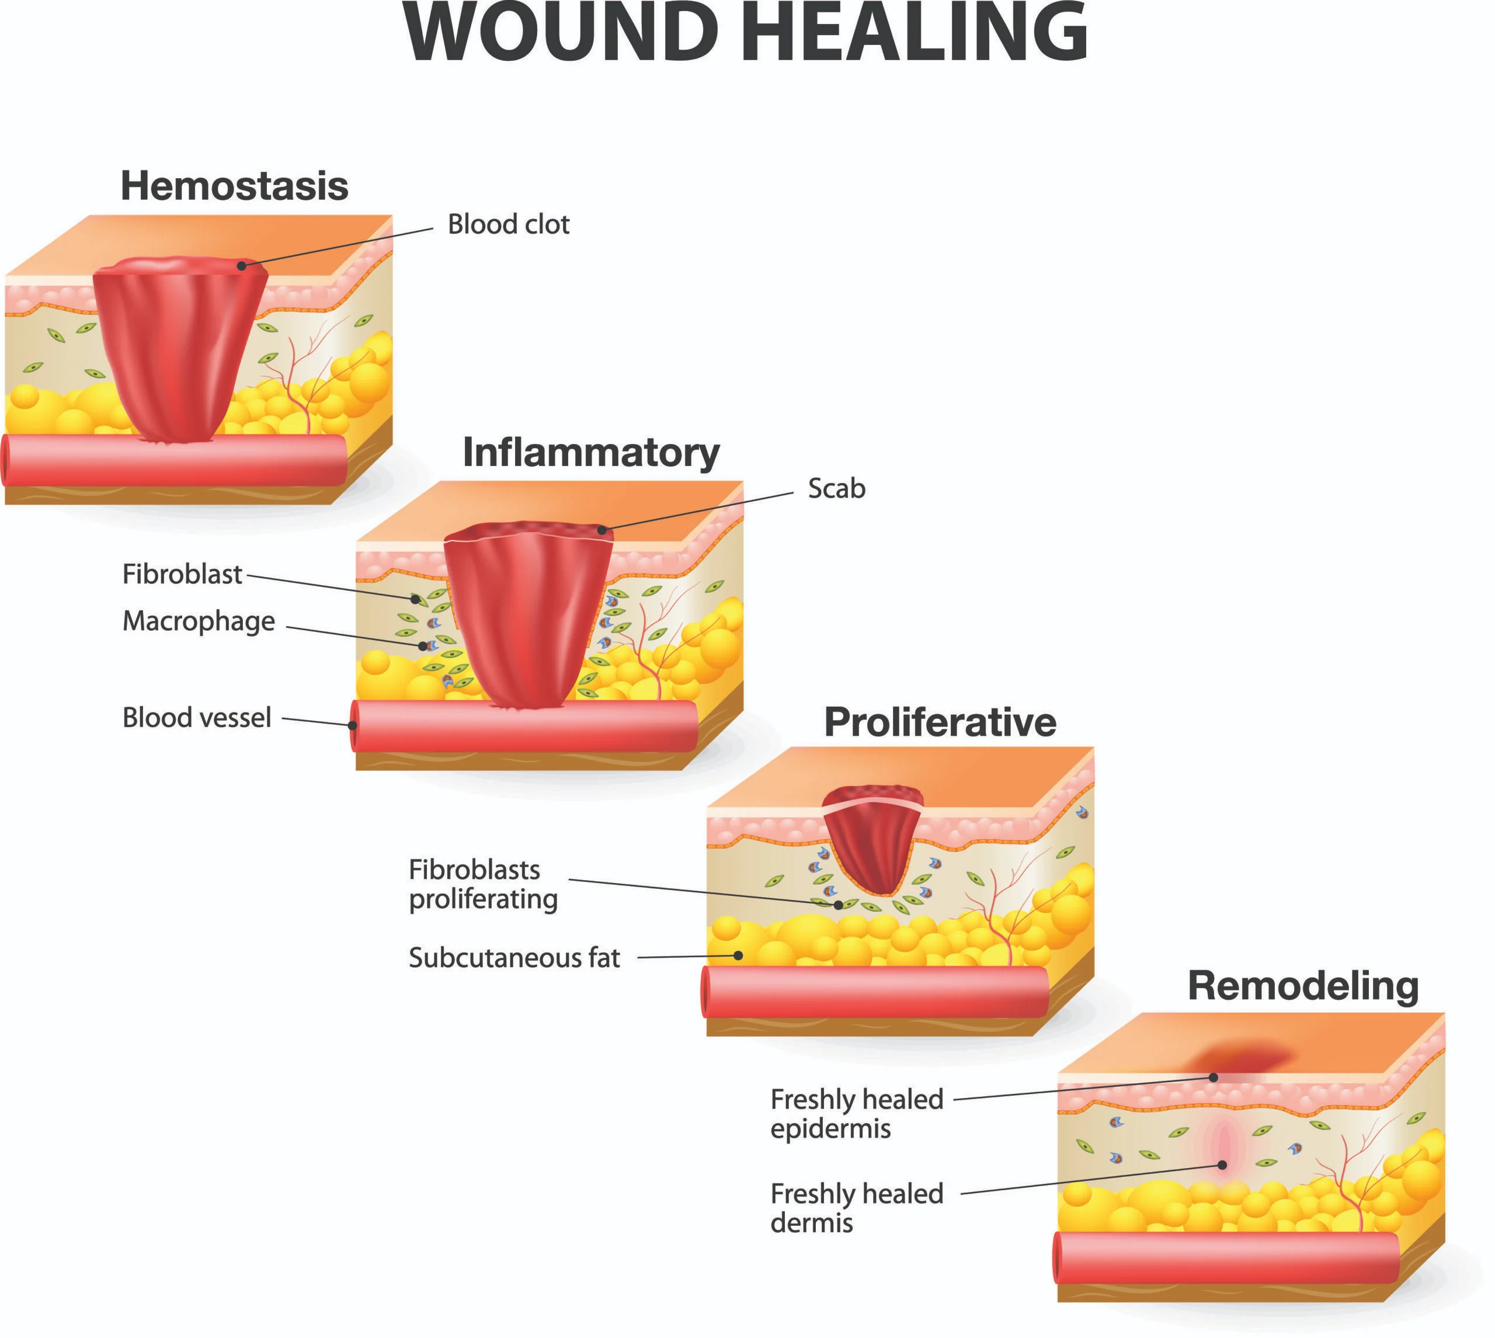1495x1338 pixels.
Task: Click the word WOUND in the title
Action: [561, 33]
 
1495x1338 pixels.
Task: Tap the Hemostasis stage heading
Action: [234, 186]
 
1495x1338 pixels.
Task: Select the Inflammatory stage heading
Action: [591, 453]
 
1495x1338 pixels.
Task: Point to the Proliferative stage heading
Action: [940, 722]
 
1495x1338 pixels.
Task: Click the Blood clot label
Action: [509, 224]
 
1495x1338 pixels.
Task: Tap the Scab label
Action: [836, 488]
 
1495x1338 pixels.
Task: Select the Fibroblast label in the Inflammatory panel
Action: [182, 574]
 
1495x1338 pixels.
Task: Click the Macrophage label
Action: [199, 622]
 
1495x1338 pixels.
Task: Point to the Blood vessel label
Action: [197, 718]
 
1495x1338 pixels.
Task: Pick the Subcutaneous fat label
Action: [514, 958]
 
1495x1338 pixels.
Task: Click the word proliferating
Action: [484, 900]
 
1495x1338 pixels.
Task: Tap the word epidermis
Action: [830, 1128]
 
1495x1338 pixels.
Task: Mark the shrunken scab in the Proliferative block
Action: [872, 839]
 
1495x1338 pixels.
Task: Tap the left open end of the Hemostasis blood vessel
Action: [6, 460]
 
